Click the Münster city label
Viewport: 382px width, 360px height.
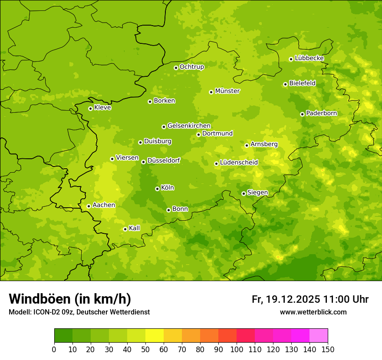click(227, 91)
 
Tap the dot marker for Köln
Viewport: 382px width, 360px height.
click(157, 189)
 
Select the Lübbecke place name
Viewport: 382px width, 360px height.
click(309, 58)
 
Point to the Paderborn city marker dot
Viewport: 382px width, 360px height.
click(302, 114)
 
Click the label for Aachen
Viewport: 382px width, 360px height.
click(104, 205)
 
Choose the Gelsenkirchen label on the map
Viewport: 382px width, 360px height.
click(189, 126)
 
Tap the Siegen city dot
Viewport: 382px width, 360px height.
click(244, 193)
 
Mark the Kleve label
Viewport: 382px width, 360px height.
click(102, 108)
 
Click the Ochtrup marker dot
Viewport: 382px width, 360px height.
click(176, 68)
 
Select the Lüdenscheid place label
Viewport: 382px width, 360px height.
click(239, 163)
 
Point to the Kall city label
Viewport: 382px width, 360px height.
click(135, 228)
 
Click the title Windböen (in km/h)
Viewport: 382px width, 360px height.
click(70, 299)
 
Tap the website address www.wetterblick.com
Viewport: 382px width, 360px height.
click(313, 312)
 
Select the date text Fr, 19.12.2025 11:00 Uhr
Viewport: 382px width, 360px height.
click(310, 299)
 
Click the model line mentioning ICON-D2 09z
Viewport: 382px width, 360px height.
click(79, 312)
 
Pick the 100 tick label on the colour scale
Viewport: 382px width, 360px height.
click(237, 349)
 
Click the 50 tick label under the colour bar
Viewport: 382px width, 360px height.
click(145, 349)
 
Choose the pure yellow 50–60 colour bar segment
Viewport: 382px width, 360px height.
click(155, 336)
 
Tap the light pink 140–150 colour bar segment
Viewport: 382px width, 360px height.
click(319, 336)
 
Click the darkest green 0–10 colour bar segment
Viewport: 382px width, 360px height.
click(63, 336)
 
